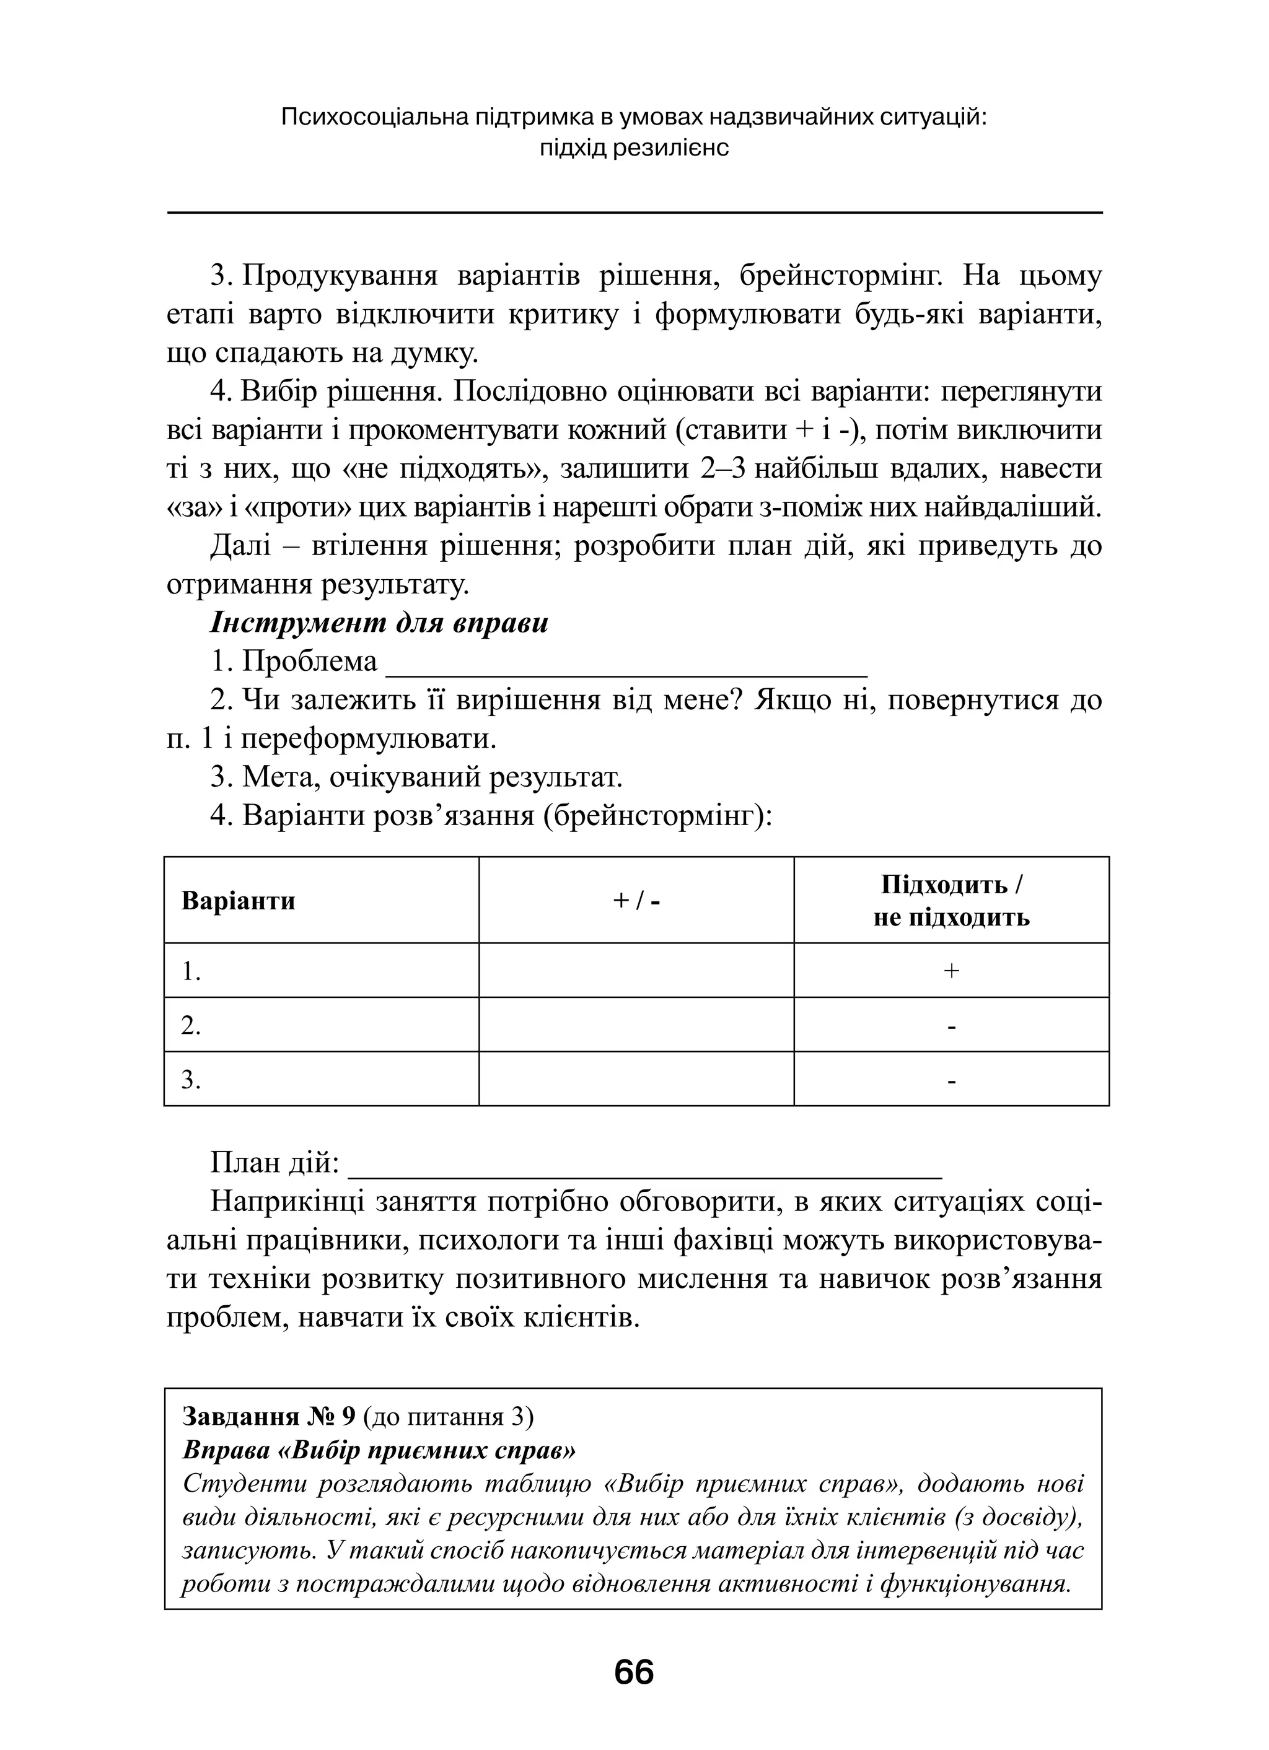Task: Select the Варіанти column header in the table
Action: pyautogui.click(x=239, y=901)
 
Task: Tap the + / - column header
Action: pyautogui.click(x=636, y=901)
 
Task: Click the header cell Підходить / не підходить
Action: pyautogui.click(x=951, y=901)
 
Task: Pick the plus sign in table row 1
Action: pyautogui.click(x=951, y=971)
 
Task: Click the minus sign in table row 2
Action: pyautogui.click(x=951, y=1026)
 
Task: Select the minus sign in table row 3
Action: pyautogui.click(x=951, y=1081)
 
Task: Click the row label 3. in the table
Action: pyautogui.click(x=191, y=1080)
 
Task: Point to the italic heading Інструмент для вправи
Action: pyautogui.click(x=379, y=623)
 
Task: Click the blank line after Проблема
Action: pyautogui.click(x=626, y=663)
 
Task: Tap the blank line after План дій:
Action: pyautogui.click(x=645, y=1165)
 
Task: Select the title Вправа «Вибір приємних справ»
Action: pyautogui.click(x=379, y=1451)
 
